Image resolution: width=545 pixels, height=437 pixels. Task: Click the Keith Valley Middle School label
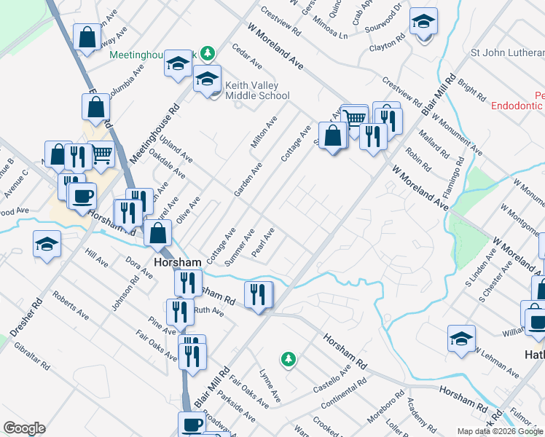click(x=257, y=90)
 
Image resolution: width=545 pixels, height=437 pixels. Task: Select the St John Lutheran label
click(x=507, y=52)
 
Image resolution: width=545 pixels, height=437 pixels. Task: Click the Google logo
click(x=24, y=428)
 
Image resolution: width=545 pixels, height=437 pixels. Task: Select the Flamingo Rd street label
click(x=455, y=168)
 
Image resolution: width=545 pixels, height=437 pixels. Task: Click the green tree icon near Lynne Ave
click(x=289, y=358)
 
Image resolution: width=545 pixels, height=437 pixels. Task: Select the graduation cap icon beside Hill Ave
click(x=47, y=243)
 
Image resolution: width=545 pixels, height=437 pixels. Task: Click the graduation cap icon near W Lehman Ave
click(x=462, y=338)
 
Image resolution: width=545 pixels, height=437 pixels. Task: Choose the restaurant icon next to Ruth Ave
click(x=180, y=311)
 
